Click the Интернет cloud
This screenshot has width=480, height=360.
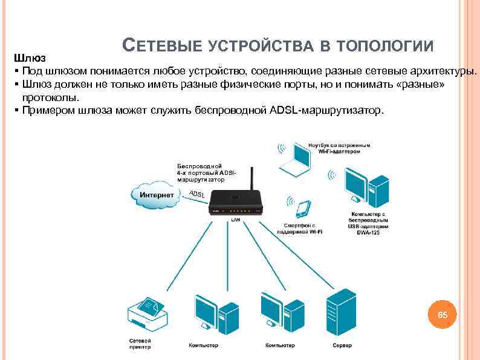pyautogui.click(x=156, y=194)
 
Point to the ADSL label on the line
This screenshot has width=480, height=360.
pyautogui.click(x=197, y=195)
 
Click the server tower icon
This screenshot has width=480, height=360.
pyautogui.click(x=341, y=312)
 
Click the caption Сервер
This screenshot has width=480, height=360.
pyautogui.click(x=342, y=345)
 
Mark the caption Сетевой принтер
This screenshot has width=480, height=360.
pyautogui.click(x=140, y=344)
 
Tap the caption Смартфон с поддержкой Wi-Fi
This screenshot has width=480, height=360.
pyautogui.click(x=300, y=228)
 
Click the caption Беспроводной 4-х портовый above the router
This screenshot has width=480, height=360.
pyautogui.click(x=200, y=169)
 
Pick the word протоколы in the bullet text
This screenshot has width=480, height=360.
pyautogui.click(x=50, y=97)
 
